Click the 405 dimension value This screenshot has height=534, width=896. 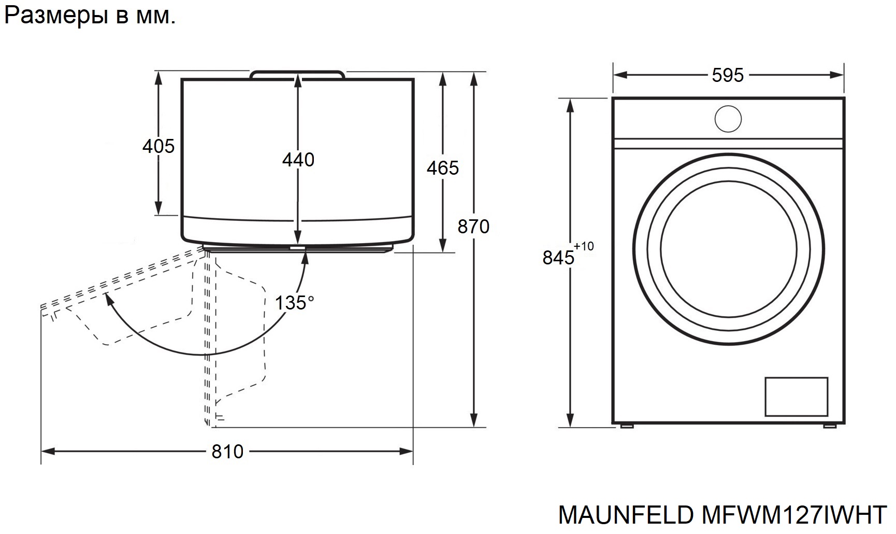[158, 147]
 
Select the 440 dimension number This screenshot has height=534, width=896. [298, 160]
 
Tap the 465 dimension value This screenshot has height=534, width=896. [443, 168]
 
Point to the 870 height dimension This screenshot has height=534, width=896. [473, 227]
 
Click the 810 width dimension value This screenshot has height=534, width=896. [227, 452]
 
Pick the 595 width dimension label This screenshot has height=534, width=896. [728, 76]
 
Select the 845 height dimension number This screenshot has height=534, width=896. [558, 257]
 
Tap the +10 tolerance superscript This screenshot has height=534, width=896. [584, 246]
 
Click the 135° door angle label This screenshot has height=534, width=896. [294, 303]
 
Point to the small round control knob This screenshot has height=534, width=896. [728, 119]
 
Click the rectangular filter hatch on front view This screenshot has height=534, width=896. [797, 397]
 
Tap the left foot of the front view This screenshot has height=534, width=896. [626, 426]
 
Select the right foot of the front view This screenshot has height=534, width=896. [830, 426]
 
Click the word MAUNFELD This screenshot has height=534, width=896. [626, 515]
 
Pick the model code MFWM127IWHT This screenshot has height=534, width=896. [793, 515]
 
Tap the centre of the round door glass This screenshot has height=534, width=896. [728, 249]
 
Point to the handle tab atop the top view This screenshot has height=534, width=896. [297, 75]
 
